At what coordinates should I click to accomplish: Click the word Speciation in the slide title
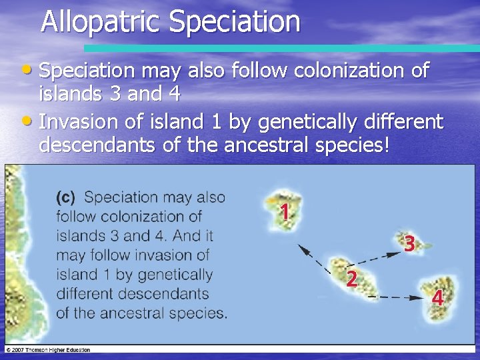tap(235, 21)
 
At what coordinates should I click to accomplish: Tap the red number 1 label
tap(284, 213)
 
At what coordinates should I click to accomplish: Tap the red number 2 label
tap(351, 279)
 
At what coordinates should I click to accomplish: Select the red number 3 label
tap(409, 245)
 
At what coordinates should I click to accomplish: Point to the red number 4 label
tap(437, 298)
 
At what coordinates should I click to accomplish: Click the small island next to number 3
tap(412, 239)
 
